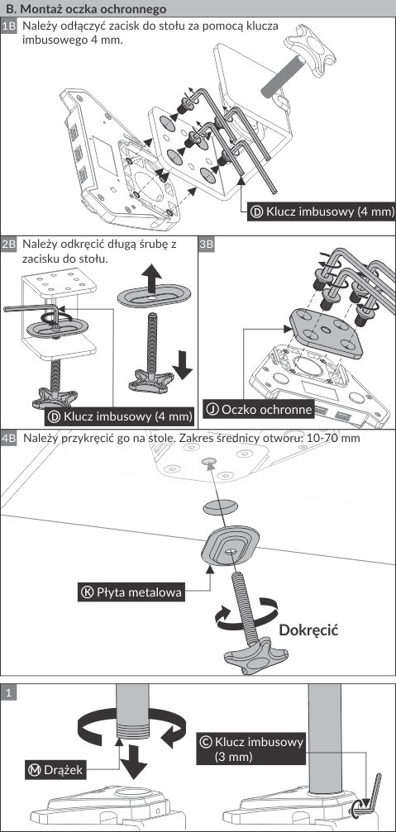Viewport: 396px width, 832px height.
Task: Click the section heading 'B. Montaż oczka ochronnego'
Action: [x=85, y=9]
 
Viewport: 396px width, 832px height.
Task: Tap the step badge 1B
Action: [x=10, y=26]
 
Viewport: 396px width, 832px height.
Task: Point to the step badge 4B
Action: [x=10, y=438]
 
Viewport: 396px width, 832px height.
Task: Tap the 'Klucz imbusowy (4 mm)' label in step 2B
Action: [x=120, y=416]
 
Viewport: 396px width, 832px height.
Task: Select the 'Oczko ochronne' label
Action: [x=259, y=409]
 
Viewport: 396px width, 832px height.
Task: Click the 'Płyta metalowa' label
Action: [x=132, y=592]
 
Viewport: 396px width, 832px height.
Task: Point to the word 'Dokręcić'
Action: [x=308, y=630]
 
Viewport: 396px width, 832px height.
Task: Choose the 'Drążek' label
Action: [x=55, y=769]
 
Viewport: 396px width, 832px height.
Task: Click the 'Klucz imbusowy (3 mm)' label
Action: [x=251, y=749]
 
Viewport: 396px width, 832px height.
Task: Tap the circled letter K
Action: [x=87, y=592]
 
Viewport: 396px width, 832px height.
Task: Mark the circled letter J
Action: [x=212, y=409]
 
